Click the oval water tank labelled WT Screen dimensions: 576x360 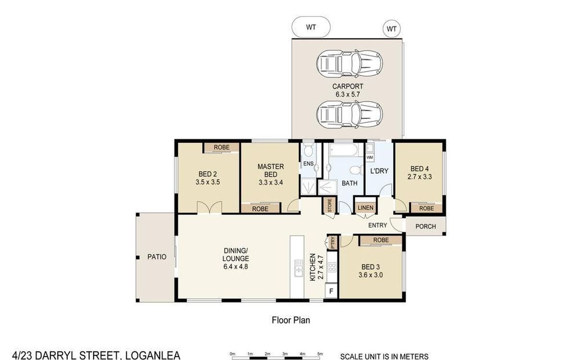point(311,27)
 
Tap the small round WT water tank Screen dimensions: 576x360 point(392,29)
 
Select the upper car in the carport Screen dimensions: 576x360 point(349,64)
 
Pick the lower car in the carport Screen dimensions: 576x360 point(349,114)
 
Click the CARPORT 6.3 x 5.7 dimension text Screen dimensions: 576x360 point(348,90)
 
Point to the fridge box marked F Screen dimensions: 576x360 point(331,291)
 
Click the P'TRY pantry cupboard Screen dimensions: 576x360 point(333,242)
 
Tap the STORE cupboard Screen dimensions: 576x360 point(330,204)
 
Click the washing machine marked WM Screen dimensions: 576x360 point(370,157)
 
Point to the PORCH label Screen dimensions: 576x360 point(426,227)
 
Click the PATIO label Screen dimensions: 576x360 point(157,257)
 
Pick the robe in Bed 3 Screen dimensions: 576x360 point(381,240)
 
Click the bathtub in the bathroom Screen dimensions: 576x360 point(344,150)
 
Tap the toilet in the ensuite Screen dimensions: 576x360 point(308,150)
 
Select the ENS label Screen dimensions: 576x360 point(308,164)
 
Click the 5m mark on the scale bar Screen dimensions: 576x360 point(320,354)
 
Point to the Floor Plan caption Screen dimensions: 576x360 point(291,320)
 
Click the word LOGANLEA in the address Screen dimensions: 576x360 point(153,355)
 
